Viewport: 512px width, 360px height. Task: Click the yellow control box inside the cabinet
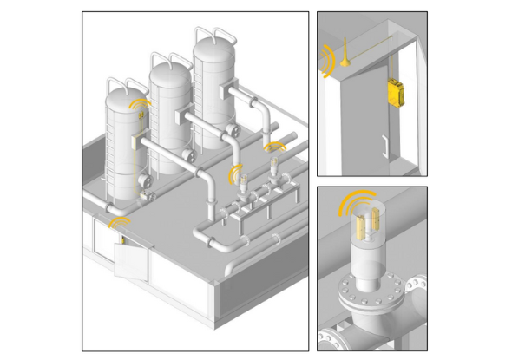tap(396, 92)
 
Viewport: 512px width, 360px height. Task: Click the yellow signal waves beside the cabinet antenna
tap(327, 61)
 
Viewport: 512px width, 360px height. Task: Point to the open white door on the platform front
tap(131, 259)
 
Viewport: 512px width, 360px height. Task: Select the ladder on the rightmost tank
tap(200, 95)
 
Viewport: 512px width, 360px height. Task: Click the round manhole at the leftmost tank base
tap(144, 184)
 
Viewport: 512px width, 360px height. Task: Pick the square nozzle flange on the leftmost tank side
tap(135, 144)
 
